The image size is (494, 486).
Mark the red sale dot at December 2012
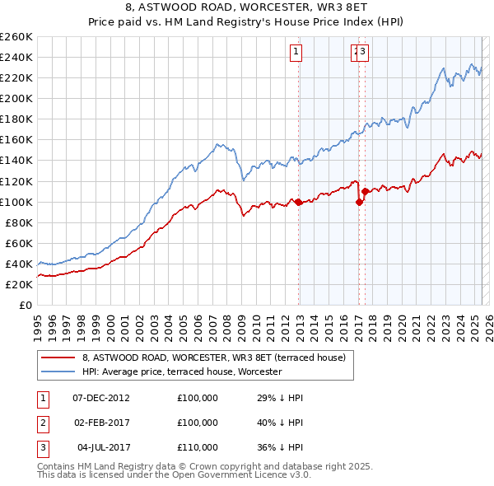click(298, 202)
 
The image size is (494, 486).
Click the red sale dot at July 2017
click(365, 191)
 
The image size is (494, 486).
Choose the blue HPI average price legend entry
click(182, 372)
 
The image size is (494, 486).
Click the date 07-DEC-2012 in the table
click(101, 398)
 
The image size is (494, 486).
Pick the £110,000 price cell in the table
click(198, 447)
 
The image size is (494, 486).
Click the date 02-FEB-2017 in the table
click(101, 423)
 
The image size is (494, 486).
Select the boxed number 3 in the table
click(42, 447)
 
